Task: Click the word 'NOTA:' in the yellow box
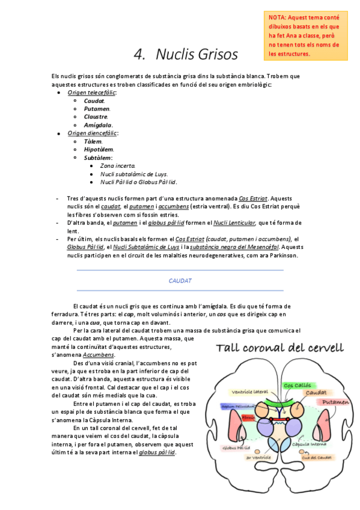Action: click(x=278, y=17)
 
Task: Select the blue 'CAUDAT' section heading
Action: click(x=180, y=281)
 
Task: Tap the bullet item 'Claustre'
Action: click(x=96, y=117)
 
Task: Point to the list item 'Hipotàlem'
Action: click(x=99, y=149)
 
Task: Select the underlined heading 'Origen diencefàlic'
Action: click(x=93, y=133)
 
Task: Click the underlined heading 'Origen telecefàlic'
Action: click(x=92, y=93)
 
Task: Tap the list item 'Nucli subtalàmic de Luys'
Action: click(x=133, y=174)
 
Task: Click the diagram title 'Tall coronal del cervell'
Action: click(x=280, y=348)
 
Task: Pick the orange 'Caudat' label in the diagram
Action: click(x=315, y=393)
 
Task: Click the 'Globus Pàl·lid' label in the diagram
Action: click(x=236, y=447)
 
